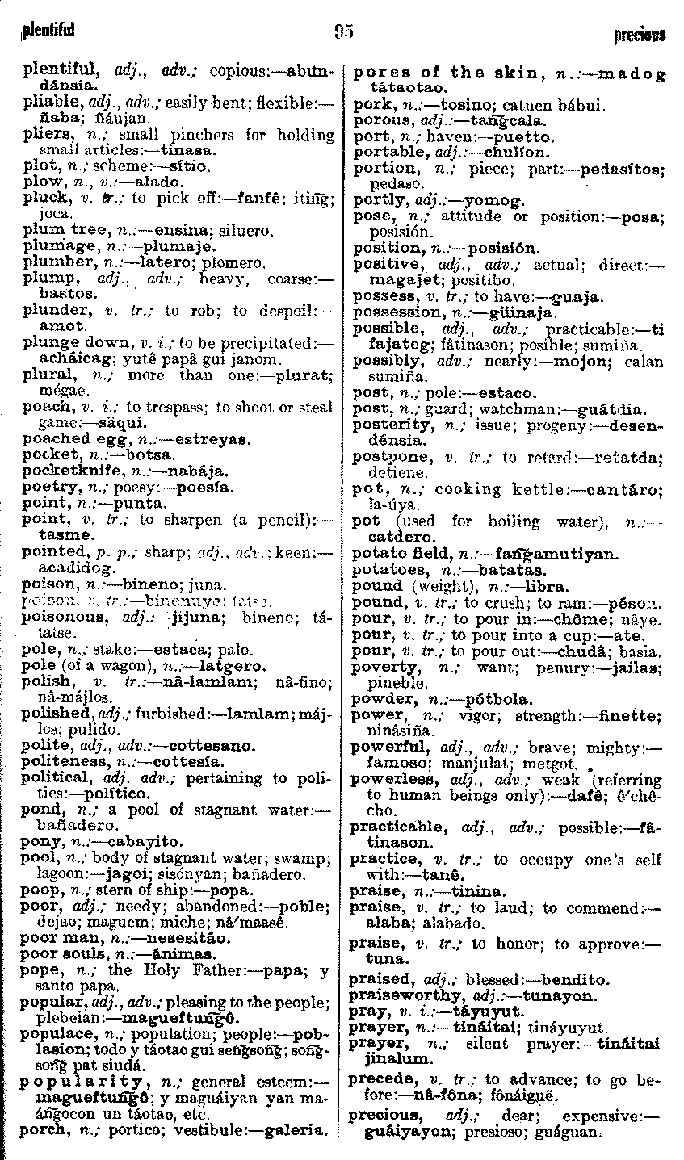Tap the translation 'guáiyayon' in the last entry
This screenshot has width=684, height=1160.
pos(401,1132)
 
